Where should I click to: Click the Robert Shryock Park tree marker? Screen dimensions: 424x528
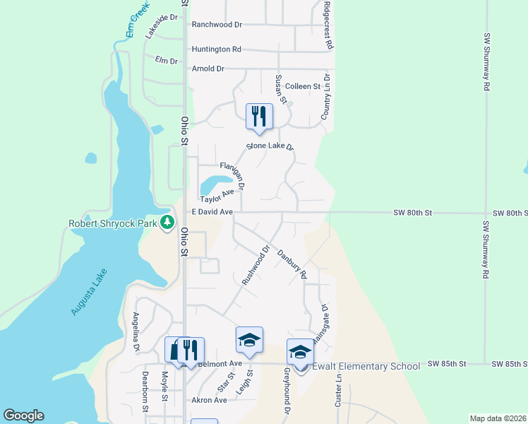[167, 223]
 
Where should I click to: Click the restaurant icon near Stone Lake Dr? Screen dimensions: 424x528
[259, 117]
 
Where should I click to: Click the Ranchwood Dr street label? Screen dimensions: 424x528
[217, 24]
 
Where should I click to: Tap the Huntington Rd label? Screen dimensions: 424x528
[216, 49]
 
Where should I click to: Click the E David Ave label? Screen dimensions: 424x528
[212, 212]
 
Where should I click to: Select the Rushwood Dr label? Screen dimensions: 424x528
[256, 265]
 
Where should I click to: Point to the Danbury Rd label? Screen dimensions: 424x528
[292, 263]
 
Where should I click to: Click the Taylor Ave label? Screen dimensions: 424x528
[217, 196]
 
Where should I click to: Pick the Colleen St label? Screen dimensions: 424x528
[303, 86]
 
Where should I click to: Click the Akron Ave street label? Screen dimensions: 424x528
[209, 400]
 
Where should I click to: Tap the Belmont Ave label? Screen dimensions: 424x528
[220, 364]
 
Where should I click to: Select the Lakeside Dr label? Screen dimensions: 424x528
[159, 26]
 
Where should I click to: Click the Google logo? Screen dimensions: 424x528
[23, 416]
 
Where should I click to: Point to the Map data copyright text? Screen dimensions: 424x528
[498, 418]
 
